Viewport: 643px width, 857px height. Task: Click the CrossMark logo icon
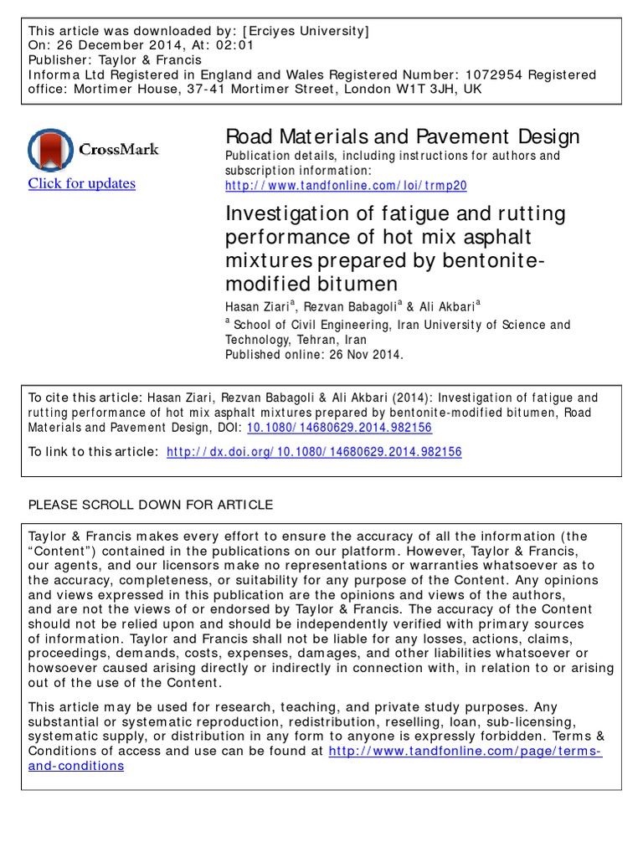tap(51, 150)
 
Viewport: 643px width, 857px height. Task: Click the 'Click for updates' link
tap(81, 184)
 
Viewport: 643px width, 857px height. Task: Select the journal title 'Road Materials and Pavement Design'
tap(403, 136)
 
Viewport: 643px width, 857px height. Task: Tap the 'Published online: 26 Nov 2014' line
tap(314, 354)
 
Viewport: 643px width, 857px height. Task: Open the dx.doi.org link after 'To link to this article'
tap(314, 452)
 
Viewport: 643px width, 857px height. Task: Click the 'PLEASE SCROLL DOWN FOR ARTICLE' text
tap(151, 505)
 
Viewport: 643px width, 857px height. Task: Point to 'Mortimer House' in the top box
tap(120, 89)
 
